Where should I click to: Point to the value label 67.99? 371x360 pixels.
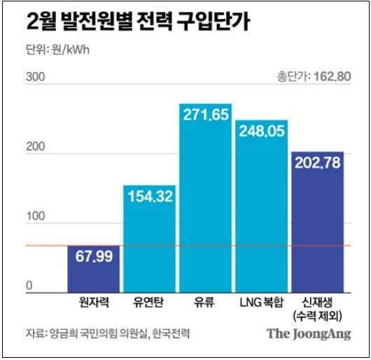(x=94, y=258)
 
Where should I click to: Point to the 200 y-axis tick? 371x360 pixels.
(x=34, y=148)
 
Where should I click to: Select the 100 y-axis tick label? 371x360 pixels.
(x=34, y=219)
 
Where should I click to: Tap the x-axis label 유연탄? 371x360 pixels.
(x=149, y=303)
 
